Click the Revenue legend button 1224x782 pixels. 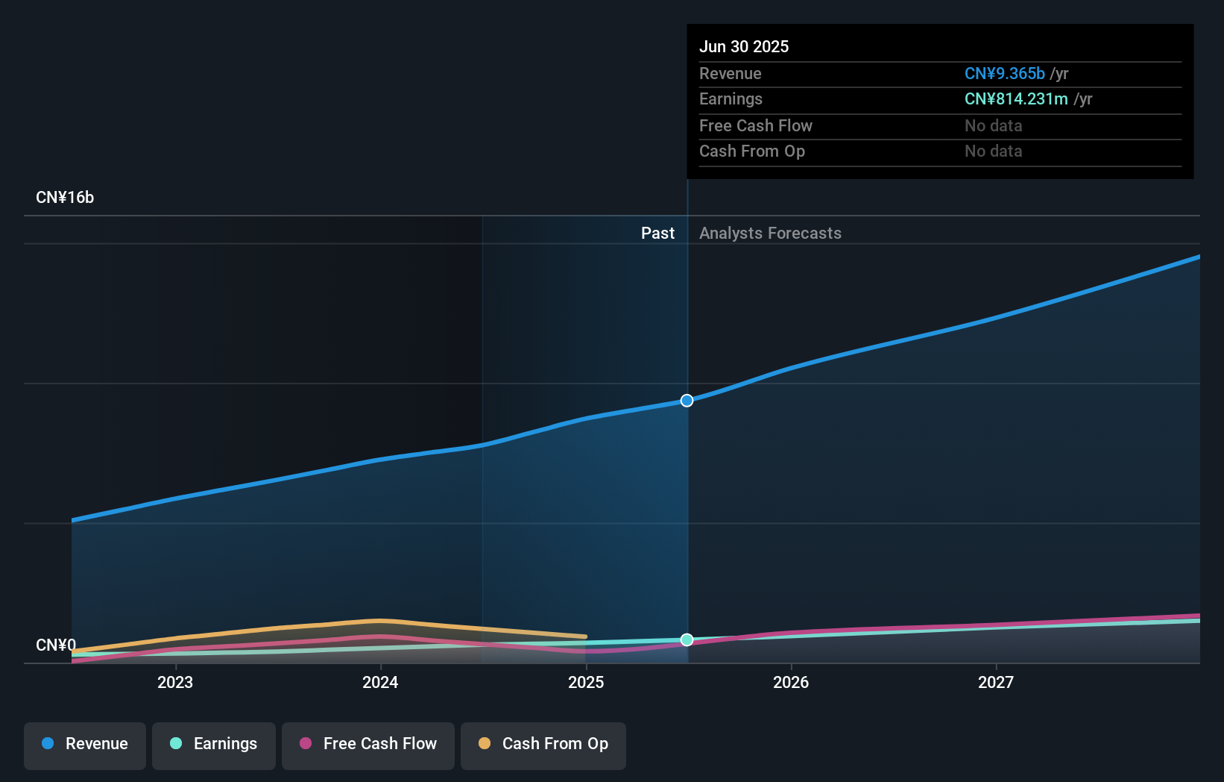(x=85, y=744)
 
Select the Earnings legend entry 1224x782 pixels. (x=214, y=744)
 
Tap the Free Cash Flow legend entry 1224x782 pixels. (x=368, y=744)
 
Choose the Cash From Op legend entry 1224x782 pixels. (x=543, y=744)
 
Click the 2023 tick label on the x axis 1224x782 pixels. (x=175, y=683)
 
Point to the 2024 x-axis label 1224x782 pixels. (x=380, y=683)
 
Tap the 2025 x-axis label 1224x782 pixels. (x=586, y=683)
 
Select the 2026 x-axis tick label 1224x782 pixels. (x=791, y=683)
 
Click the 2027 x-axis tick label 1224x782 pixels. (x=996, y=683)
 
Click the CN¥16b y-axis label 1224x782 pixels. (x=65, y=198)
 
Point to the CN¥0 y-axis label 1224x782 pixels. (x=56, y=645)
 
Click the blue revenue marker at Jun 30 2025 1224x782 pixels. (x=687, y=401)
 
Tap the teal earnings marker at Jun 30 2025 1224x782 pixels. (x=687, y=639)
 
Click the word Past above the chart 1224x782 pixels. (x=657, y=234)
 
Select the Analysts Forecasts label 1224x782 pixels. (x=770, y=234)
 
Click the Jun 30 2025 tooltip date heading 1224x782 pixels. (x=743, y=47)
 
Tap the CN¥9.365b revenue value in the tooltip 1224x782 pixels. (x=1004, y=74)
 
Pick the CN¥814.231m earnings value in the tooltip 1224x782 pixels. (x=1015, y=99)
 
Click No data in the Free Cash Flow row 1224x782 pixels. (x=993, y=126)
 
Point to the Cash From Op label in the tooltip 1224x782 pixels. (x=751, y=151)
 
